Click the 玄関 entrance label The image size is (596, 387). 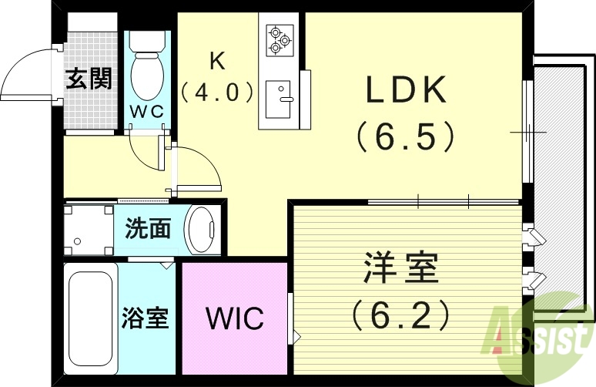pyautogui.click(x=88, y=79)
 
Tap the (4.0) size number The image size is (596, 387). pyautogui.click(x=217, y=93)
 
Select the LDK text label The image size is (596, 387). pyautogui.click(x=406, y=91)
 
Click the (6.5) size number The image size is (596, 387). pyautogui.click(x=406, y=137)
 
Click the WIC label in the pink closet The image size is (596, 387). pyautogui.click(x=234, y=318)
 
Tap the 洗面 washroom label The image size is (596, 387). pyautogui.click(x=148, y=229)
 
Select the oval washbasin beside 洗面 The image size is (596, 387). pyautogui.click(x=203, y=229)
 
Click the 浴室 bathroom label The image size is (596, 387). pyautogui.click(x=145, y=318)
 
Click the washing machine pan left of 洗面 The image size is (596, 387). pyautogui.click(x=89, y=229)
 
